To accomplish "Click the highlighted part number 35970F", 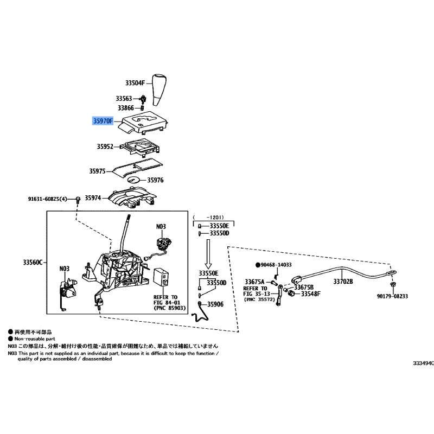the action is click(103, 121).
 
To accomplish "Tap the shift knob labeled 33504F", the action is click(159, 90).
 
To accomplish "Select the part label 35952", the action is click(105, 146).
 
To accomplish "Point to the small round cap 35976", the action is click(134, 180).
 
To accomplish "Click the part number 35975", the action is click(97, 171).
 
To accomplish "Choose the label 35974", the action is click(93, 198).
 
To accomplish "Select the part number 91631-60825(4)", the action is click(47, 199).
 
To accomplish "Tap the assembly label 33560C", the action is click(33, 262).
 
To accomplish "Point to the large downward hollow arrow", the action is click(208, 254).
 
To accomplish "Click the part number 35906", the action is click(215, 304).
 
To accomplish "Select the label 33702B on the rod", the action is click(343, 282).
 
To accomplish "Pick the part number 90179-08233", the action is click(392, 296).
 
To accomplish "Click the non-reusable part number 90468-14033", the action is click(276, 265).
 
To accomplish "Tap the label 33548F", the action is click(311, 293).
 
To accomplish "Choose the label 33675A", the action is click(254, 282).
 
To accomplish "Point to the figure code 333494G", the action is click(424, 363).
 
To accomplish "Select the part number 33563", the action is click(124, 99).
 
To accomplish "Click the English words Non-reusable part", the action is click(35, 339).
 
